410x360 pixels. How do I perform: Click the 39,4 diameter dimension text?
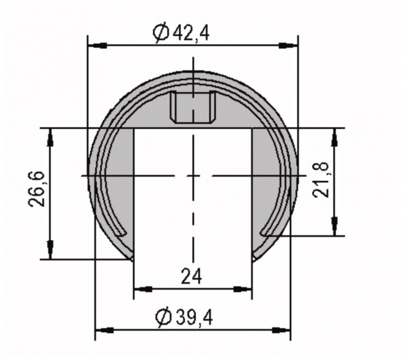(195, 317)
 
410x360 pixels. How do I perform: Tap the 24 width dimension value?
(191, 276)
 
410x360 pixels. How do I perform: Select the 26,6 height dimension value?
(37, 189)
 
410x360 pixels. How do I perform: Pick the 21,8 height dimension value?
(320, 180)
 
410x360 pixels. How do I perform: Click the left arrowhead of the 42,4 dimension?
(97, 46)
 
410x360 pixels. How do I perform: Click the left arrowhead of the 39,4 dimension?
(104, 330)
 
